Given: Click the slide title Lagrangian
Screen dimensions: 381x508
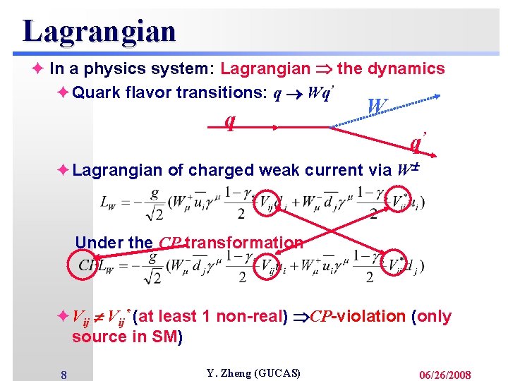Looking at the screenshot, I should click(x=99, y=31).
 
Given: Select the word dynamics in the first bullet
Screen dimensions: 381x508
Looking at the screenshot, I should click(x=412, y=68).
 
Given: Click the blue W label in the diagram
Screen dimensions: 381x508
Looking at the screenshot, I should click(x=377, y=106).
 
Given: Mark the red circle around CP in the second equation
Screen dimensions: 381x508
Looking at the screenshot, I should click(x=86, y=266).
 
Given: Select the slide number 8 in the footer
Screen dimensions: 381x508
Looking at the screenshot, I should click(x=64, y=374).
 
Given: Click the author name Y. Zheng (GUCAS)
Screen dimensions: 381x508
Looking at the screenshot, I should click(x=253, y=373).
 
